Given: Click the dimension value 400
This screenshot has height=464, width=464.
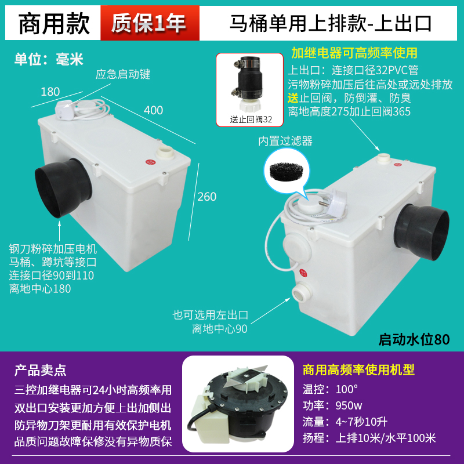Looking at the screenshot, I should (154, 110).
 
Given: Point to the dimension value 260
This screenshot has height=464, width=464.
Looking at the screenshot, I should (206, 197).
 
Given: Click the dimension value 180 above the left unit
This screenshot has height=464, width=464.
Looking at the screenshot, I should (50, 92).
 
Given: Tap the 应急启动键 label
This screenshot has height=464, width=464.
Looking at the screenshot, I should (123, 74).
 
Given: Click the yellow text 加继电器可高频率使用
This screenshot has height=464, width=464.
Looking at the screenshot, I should (354, 53).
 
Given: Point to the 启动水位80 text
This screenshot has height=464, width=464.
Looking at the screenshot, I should (414, 339).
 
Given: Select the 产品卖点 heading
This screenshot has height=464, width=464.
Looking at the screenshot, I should (40, 369).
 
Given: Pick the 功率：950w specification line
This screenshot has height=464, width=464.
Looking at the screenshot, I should (332, 405).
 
